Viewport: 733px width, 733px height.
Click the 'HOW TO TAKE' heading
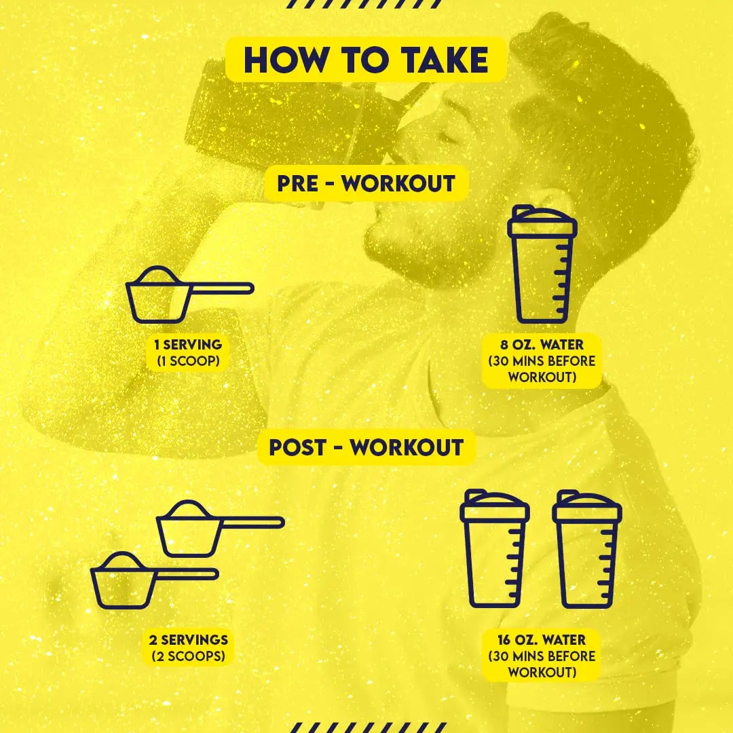point(366,60)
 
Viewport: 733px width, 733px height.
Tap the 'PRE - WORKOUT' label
point(366,183)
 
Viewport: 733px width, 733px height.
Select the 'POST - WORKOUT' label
point(366,447)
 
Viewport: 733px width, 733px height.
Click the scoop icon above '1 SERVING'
point(189,295)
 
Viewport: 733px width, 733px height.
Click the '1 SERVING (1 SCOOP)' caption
point(188,353)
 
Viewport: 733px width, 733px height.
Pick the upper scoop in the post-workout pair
point(220,528)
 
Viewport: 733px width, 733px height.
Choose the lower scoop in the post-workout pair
point(154,580)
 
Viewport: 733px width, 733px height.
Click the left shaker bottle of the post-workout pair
point(495,549)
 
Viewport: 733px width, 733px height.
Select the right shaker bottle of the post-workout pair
point(587,549)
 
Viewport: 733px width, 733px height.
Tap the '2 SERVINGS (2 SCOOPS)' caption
point(189,648)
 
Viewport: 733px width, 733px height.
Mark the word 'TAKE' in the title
point(445,60)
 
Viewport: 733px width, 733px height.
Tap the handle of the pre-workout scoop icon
point(222,288)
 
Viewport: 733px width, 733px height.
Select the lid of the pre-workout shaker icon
point(542,221)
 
